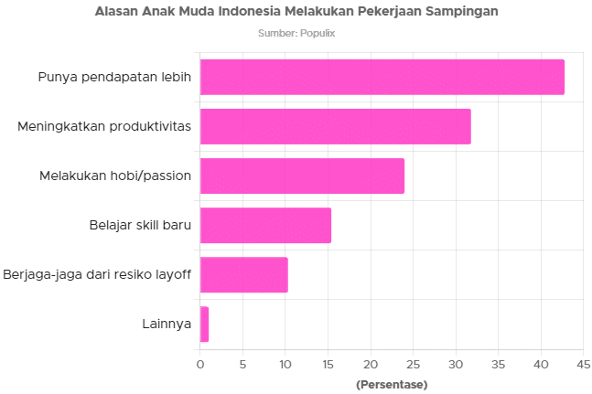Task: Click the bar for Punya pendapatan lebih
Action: click(382, 77)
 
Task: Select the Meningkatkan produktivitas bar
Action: click(335, 126)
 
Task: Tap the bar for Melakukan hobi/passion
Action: click(302, 176)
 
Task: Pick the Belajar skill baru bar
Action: click(265, 226)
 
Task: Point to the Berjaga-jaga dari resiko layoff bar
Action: click(243, 275)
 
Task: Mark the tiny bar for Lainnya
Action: click(204, 325)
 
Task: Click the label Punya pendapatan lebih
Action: click(114, 77)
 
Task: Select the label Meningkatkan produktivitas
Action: click(104, 126)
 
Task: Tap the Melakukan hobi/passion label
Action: click(115, 176)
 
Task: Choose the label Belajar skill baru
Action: click(140, 226)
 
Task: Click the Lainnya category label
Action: click(167, 325)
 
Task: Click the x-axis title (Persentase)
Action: click(391, 384)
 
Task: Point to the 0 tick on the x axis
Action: click(199, 365)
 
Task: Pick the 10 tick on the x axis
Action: click(285, 365)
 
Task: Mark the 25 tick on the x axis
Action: click(413, 365)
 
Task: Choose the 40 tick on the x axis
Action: click(540, 365)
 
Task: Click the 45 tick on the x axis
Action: click(582, 365)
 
